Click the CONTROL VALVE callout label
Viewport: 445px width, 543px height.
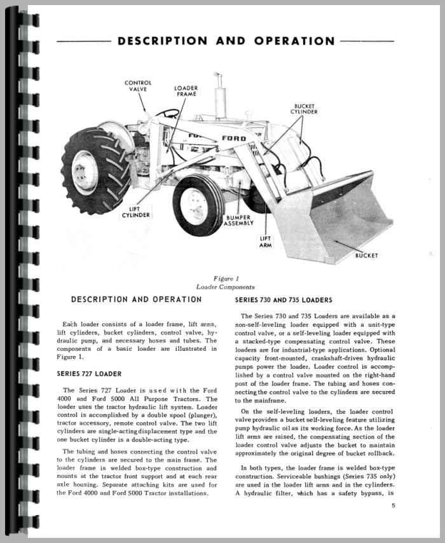(x=137, y=86)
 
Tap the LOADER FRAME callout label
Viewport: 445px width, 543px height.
(x=186, y=91)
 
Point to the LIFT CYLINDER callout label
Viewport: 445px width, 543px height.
(x=136, y=212)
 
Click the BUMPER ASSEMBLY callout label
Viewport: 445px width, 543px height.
(x=240, y=220)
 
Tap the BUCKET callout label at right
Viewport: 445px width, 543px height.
(x=366, y=256)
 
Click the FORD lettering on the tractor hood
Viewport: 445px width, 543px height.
(x=233, y=138)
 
